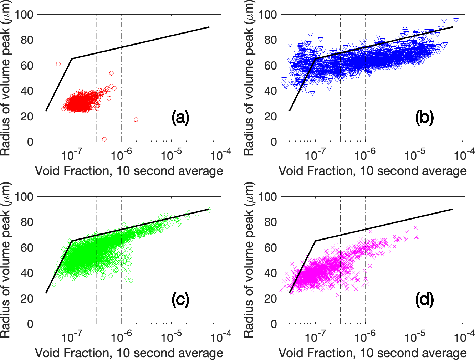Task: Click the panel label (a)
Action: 180,118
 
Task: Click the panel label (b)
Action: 424,118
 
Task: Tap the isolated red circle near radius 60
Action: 58,64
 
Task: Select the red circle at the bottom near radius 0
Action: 104,139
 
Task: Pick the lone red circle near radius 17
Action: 136,120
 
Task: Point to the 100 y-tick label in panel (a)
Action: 25,15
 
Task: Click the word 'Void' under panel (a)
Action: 48,171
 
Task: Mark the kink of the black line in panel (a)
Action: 72,58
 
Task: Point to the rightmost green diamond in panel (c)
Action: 209,210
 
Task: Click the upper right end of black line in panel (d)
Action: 453,209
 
